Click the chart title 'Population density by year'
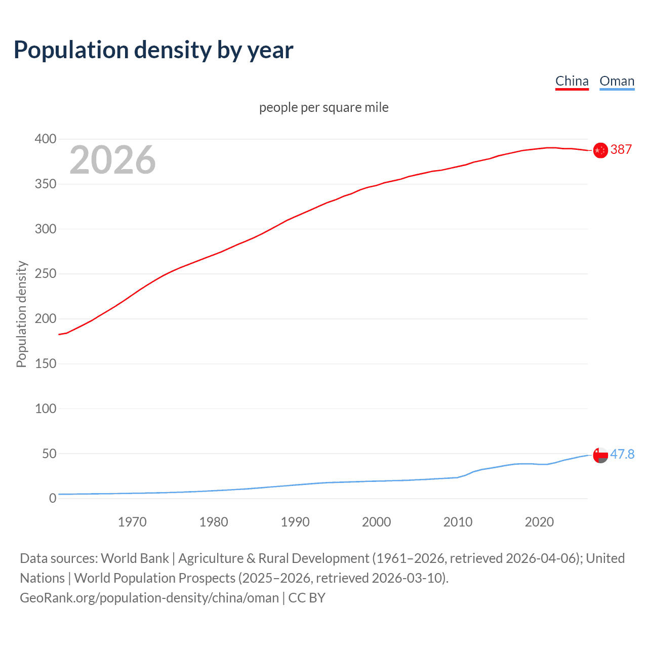[153, 50]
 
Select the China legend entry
[572, 81]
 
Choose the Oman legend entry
[617, 81]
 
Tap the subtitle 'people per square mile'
[323, 107]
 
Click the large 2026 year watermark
[112, 160]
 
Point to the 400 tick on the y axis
[46, 139]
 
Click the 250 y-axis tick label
[46, 274]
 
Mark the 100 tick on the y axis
[46, 409]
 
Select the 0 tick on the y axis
[52, 498]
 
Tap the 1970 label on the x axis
[132, 522]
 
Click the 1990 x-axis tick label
[295, 522]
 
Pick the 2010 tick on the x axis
[458, 522]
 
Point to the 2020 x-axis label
[539, 522]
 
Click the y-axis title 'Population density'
[21, 314]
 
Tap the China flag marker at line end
[600, 150]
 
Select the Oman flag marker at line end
[600, 455]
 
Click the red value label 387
[621, 149]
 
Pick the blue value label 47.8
[622, 454]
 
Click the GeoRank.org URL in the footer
[149, 598]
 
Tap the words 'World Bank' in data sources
[135, 558]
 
